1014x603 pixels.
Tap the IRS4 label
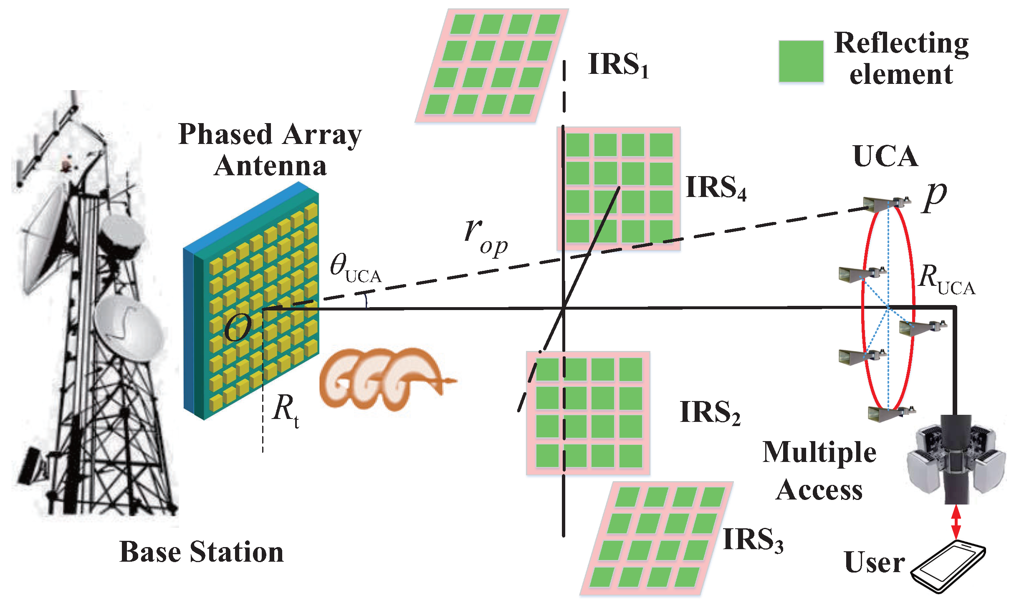716,187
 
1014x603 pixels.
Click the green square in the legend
801,61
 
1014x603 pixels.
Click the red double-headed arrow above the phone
956,522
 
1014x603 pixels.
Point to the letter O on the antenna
238,328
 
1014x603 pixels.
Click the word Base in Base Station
150,552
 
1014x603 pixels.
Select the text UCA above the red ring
885,156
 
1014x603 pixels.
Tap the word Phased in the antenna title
225,135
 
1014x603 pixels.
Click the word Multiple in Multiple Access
819,453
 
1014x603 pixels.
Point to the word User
874,562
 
